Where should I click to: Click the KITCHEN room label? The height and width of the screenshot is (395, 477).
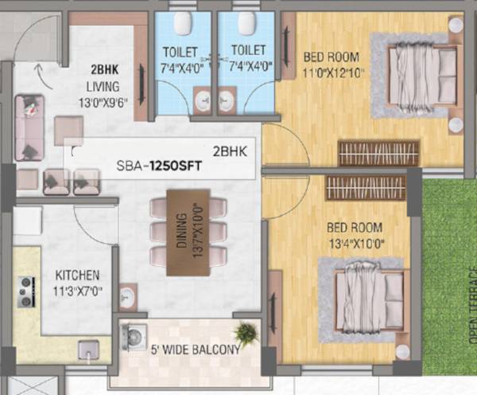pyautogui.click(x=77, y=274)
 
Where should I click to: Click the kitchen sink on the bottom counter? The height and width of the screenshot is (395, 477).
pyautogui.click(x=88, y=348)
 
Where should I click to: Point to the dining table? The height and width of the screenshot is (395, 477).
pyautogui.click(x=188, y=232)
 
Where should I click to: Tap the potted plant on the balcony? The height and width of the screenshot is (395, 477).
pyautogui.click(x=246, y=332)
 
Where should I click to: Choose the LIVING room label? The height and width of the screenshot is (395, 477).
pyautogui.click(x=103, y=85)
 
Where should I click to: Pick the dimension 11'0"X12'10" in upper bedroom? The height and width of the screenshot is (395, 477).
pyautogui.click(x=332, y=72)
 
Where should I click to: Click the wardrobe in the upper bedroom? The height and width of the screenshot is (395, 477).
pyautogui.click(x=378, y=153)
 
